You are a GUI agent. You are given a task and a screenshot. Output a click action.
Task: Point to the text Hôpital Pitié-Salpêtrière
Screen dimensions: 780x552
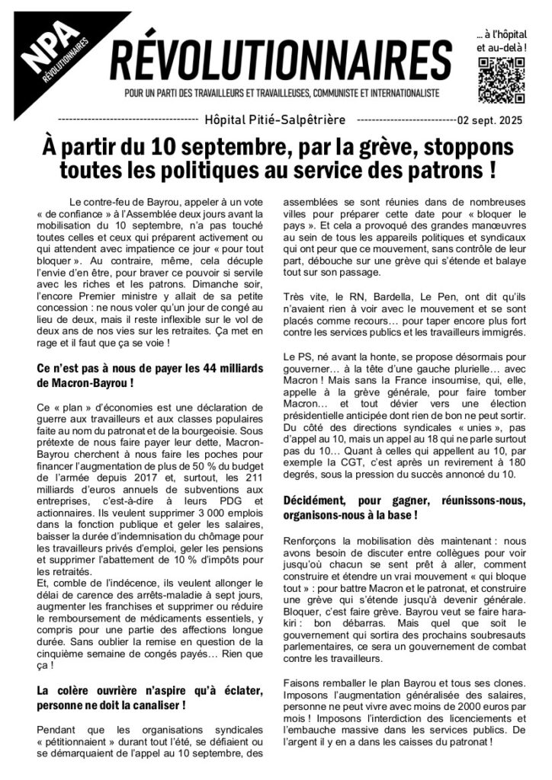click(275, 120)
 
